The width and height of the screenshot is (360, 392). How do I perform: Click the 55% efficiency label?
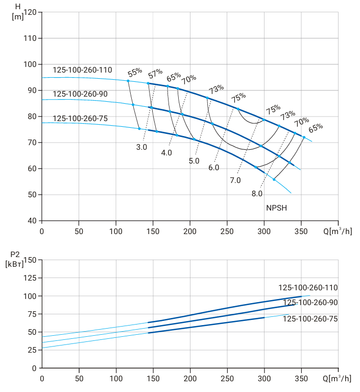[x=135, y=72]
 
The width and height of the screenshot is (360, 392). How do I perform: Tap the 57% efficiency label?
[x=155, y=74]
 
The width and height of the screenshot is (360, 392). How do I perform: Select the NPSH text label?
[x=277, y=207]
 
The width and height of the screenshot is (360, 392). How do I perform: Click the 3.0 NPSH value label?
[x=141, y=147]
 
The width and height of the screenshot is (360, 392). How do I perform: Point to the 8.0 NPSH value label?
[x=257, y=194]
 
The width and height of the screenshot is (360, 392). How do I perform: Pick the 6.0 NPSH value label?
[x=214, y=168]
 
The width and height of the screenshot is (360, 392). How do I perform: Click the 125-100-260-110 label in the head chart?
[x=82, y=70]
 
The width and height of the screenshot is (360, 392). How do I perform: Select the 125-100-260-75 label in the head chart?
[x=80, y=118]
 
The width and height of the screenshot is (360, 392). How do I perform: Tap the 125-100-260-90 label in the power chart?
[x=310, y=303]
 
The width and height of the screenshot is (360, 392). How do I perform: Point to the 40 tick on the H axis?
[x=32, y=220]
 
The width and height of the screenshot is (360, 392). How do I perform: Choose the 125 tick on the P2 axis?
[x=30, y=278]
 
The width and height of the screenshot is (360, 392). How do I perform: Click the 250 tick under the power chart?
[x=227, y=379]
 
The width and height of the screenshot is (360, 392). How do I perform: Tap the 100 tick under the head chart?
[x=116, y=231]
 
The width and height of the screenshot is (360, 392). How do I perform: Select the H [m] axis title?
[x=18, y=12]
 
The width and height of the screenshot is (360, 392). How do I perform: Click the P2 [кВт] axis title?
[x=14, y=259]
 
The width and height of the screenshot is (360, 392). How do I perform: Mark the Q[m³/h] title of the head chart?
[x=338, y=231]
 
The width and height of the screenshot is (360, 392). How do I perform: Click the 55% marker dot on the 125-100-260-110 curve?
[x=128, y=81]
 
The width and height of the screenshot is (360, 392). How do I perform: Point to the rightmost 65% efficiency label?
[x=316, y=128]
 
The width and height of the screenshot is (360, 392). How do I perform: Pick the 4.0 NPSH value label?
[x=166, y=152]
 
